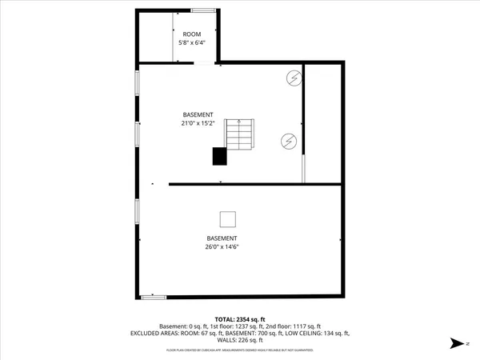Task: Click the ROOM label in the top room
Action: pos(192,34)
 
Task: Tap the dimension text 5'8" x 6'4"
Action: pos(192,43)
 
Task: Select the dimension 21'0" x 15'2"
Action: pos(197,123)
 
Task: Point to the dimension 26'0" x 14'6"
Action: pos(222,247)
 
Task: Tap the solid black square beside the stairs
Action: pos(219,156)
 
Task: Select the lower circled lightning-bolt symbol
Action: pos(287,142)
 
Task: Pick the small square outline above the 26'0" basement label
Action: pos(228,218)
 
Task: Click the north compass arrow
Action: pos(457,343)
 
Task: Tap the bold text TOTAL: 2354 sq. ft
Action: pos(240,318)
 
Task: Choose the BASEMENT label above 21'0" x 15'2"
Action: pos(197,114)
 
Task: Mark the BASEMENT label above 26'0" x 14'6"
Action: pos(222,238)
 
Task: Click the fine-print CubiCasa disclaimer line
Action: pos(240,350)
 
